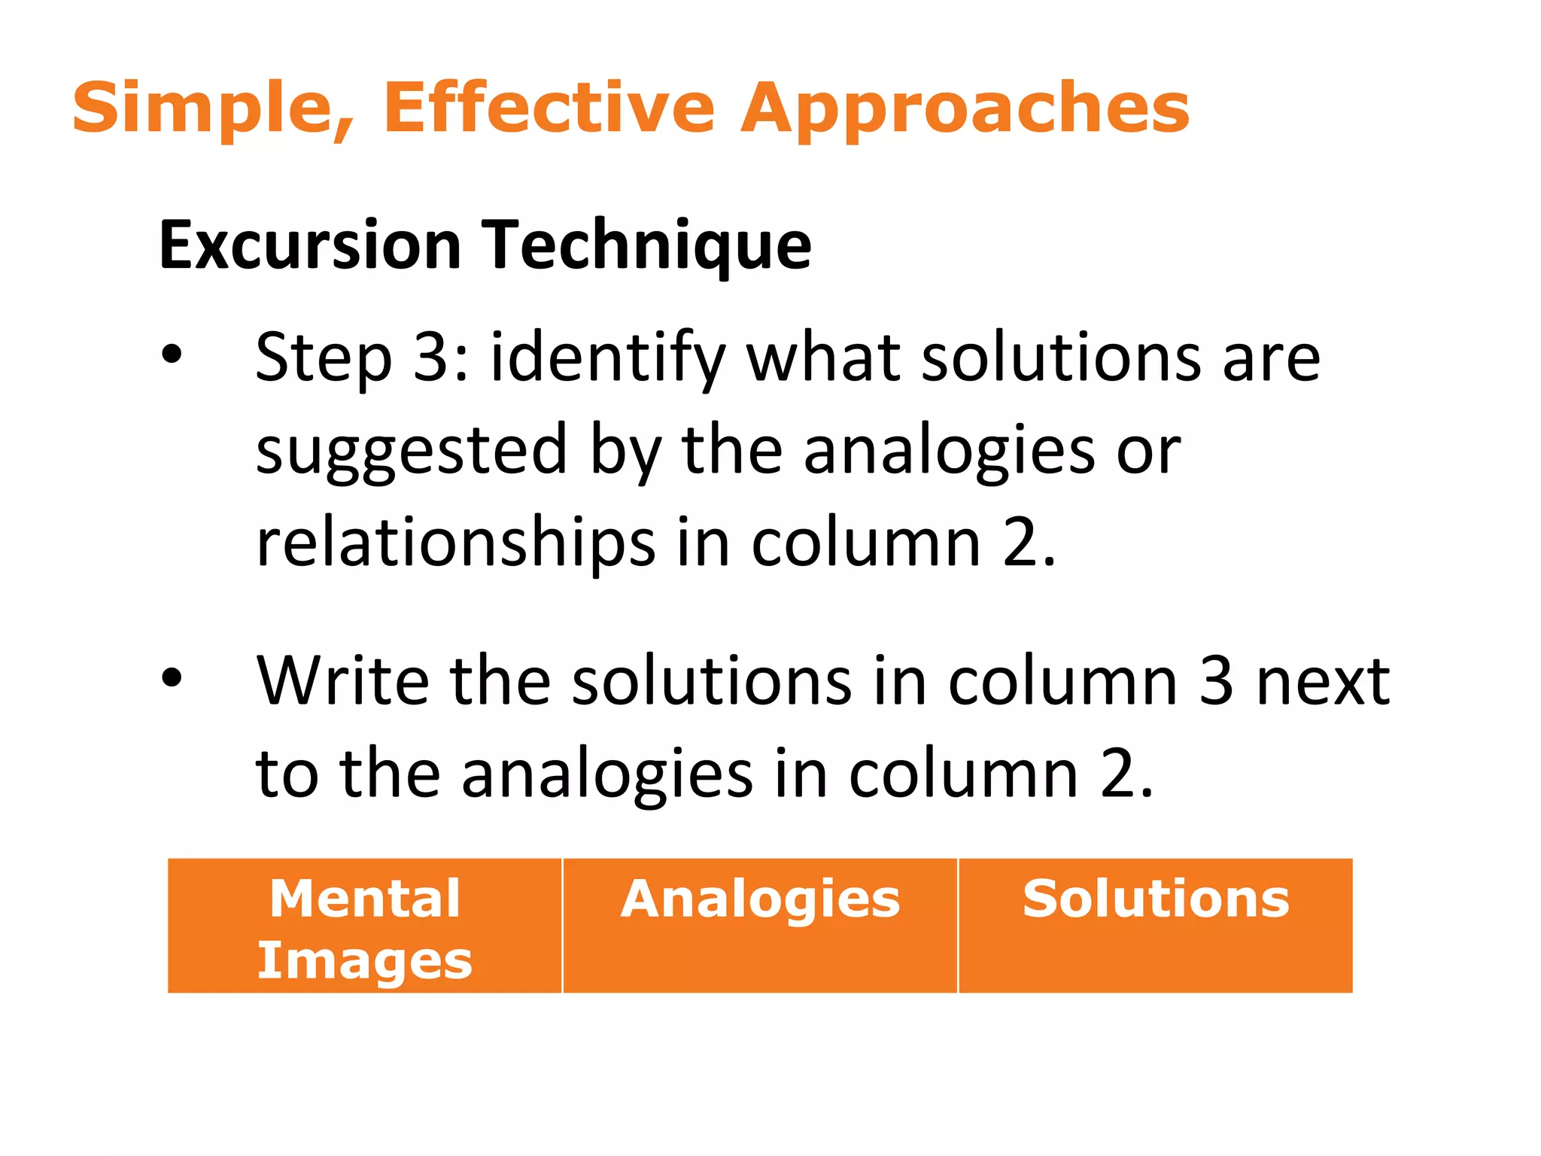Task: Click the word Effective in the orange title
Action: (x=549, y=108)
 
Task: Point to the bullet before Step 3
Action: (x=172, y=354)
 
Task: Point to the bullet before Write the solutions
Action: (x=172, y=678)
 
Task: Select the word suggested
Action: (x=411, y=450)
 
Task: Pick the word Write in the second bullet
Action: (x=342, y=680)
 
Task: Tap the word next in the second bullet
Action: (x=1324, y=680)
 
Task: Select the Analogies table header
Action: (x=760, y=900)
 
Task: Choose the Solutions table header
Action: (x=1156, y=899)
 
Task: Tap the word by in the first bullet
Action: (x=625, y=450)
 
